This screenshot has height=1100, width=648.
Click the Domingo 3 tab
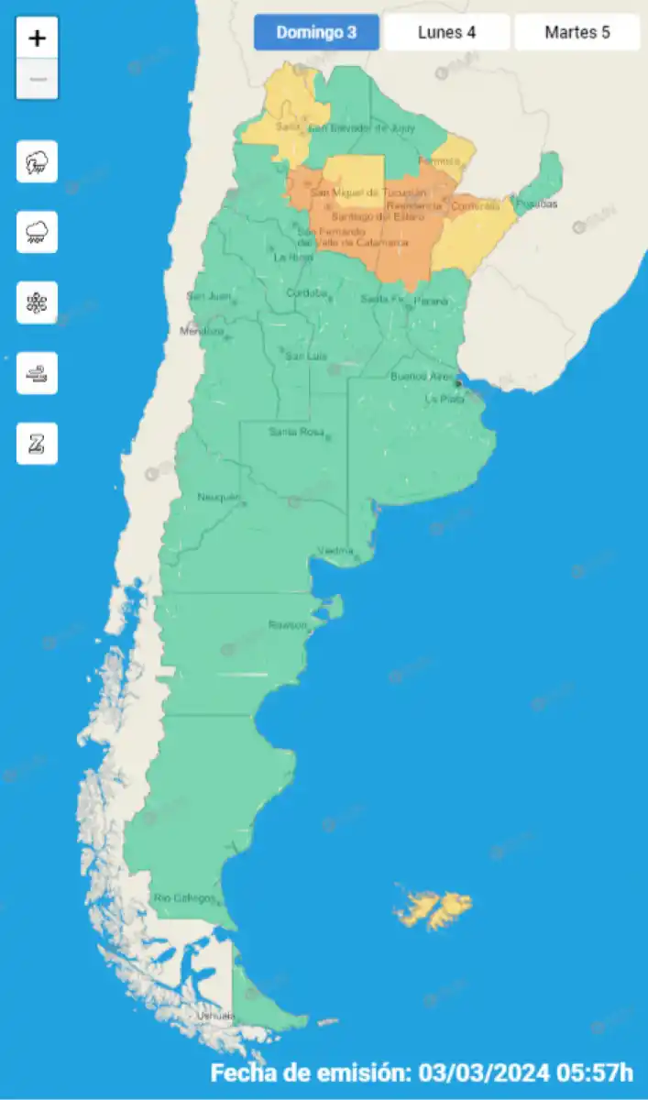pyautogui.click(x=316, y=33)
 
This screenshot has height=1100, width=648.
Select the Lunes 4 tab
pyautogui.click(x=446, y=33)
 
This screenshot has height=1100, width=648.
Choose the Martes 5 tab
pyautogui.click(x=577, y=33)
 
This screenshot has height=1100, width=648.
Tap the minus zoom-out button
pyautogui.click(x=37, y=80)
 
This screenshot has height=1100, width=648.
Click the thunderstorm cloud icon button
pyautogui.click(x=37, y=162)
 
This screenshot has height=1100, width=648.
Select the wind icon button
pyautogui.click(x=37, y=373)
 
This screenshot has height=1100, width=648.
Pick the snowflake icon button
pyautogui.click(x=37, y=302)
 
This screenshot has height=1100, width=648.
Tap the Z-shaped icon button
pyautogui.click(x=37, y=444)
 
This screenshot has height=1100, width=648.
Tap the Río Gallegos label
pyautogui.click(x=184, y=897)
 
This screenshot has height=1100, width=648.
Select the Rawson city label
pyautogui.click(x=287, y=624)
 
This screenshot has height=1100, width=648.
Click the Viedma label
pyautogui.click(x=335, y=550)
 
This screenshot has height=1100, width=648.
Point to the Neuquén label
pyautogui.click(x=218, y=497)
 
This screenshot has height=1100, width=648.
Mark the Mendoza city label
pyautogui.click(x=202, y=331)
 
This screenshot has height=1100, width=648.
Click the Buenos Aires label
pyautogui.click(x=422, y=377)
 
